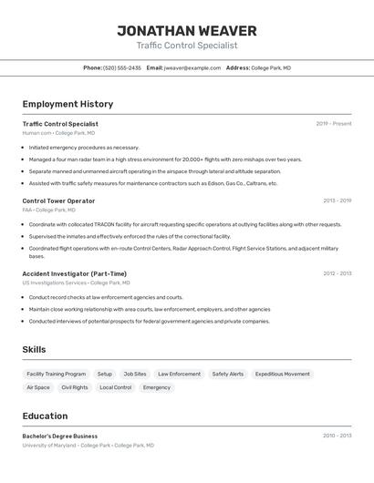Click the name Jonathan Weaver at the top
pyautogui.click(x=186, y=31)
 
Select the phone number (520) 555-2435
pyautogui.click(x=121, y=67)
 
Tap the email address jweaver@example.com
pyautogui.click(x=192, y=67)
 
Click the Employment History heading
pyautogui.click(x=68, y=104)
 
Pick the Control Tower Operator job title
pyautogui.click(x=58, y=200)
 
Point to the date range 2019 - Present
pyautogui.click(x=333, y=124)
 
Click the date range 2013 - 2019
pyautogui.click(x=337, y=200)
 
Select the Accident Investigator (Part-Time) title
pyautogui.click(x=74, y=273)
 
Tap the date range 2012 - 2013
pyautogui.click(x=337, y=273)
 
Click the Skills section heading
pyautogui.click(x=34, y=349)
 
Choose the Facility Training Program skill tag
pyautogui.click(x=57, y=374)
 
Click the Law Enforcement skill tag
pyautogui.click(x=179, y=374)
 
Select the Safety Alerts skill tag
pyautogui.click(x=228, y=374)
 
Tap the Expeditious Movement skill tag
pyautogui.click(x=282, y=374)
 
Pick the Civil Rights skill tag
pyautogui.click(x=75, y=387)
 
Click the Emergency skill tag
pyautogui.click(x=157, y=387)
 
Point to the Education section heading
pyautogui.click(x=45, y=416)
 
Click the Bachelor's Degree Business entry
pyautogui.click(x=59, y=436)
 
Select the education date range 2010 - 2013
pyautogui.click(x=337, y=436)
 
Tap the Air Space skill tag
pyautogui.click(x=38, y=387)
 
